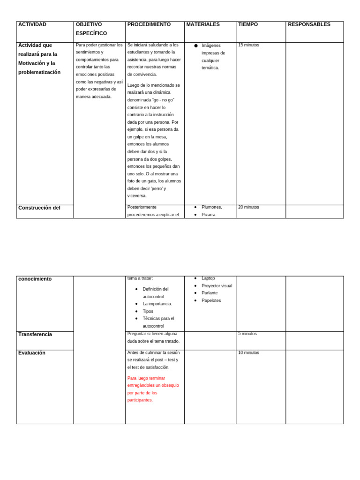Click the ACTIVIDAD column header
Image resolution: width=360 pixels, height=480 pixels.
coord(32,24)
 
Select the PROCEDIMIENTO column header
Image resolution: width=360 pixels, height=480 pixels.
coord(149,24)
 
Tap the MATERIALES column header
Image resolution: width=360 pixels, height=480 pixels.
coord(203,24)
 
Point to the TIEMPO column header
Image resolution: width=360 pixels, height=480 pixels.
coord(248,24)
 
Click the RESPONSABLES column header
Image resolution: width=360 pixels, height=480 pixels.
coord(309,24)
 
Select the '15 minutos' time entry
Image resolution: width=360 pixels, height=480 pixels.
coord(248,45)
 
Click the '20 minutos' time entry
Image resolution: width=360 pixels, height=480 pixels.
coord(248,207)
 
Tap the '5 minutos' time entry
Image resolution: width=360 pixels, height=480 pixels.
coord(247,334)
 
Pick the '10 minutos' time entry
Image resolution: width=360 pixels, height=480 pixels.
coord(248,352)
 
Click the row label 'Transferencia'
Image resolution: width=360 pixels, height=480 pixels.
coord(35,334)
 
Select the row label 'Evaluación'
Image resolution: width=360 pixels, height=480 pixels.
coord(32,353)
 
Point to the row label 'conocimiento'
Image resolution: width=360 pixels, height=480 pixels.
coord(35,279)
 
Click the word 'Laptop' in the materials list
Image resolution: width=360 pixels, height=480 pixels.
coord(208,278)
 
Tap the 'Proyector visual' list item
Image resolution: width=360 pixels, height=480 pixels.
coord(217,286)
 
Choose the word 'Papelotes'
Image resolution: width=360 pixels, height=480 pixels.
coord(211,300)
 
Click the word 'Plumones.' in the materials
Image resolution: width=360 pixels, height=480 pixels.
coord(212,207)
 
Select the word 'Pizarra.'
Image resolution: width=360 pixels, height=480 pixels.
coord(209,215)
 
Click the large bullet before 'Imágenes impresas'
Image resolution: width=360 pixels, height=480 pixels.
coord(196,45)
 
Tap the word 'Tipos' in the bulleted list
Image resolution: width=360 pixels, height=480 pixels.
coord(148,311)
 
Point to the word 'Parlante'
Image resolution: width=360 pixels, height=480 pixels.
coord(210,293)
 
